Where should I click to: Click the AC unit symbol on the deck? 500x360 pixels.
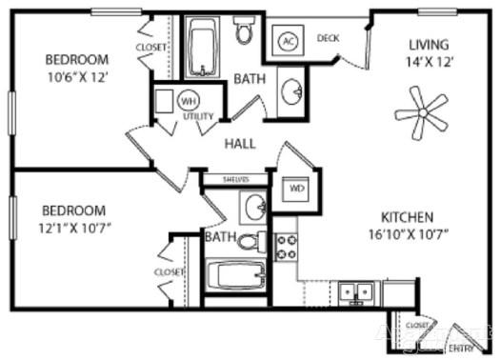[x=288, y=41]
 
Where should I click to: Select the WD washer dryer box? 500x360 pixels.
[x=297, y=189]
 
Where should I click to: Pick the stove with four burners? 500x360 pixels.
[x=286, y=247]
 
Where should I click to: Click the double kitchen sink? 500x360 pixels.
[x=359, y=290]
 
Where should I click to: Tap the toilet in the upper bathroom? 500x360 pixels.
[x=244, y=32]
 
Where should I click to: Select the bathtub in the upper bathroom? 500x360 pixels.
[x=202, y=48]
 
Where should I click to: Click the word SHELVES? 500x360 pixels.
[x=235, y=178]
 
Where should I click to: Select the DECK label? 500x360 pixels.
[x=329, y=38]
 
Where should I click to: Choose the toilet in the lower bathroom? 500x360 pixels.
[x=250, y=240]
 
